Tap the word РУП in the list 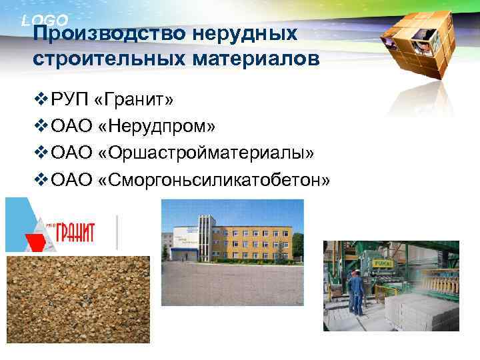point(69,101)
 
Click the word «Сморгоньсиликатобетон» point(214,181)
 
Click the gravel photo point(77,299)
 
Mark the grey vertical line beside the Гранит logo point(117,232)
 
